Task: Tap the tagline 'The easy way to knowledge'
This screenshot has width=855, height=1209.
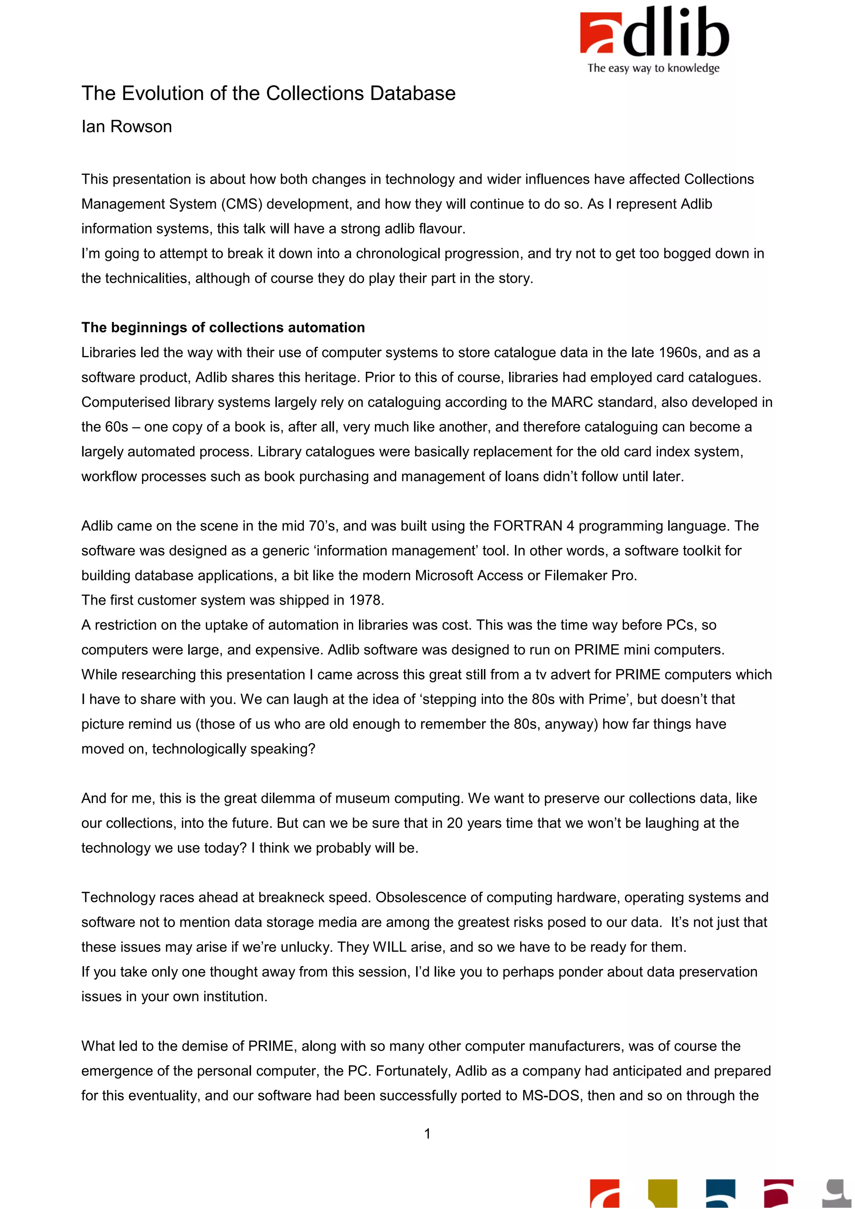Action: pyautogui.click(x=653, y=68)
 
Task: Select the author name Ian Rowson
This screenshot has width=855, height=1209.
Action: pyautogui.click(x=126, y=127)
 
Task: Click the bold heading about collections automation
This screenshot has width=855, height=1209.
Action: pyautogui.click(x=223, y=328)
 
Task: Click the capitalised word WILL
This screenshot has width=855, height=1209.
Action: pyautogui.click(x=390, y=947)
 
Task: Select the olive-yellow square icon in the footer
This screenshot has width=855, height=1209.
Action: pyautogui.click(x=662, y=1194)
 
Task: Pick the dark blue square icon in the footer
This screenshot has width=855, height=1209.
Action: pyautogui.click(x=720, y=1194)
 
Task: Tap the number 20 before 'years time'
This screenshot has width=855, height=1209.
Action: pyautogui.click(x=455, y=823)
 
